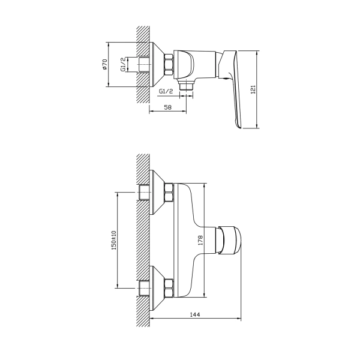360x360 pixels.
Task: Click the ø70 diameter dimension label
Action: tap(104, 64)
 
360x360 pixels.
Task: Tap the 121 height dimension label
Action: tap(253, 89)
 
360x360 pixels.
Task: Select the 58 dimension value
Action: tap(168, 107)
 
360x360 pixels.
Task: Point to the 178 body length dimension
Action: tap(200, 240)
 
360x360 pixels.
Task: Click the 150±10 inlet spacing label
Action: tap(114, 240)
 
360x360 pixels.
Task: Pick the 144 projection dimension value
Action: tap(195, 314)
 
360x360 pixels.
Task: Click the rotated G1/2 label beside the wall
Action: tap(123, 64)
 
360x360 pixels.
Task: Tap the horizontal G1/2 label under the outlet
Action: tap(166, 91)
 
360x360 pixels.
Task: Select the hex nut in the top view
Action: tap(169, 65)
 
